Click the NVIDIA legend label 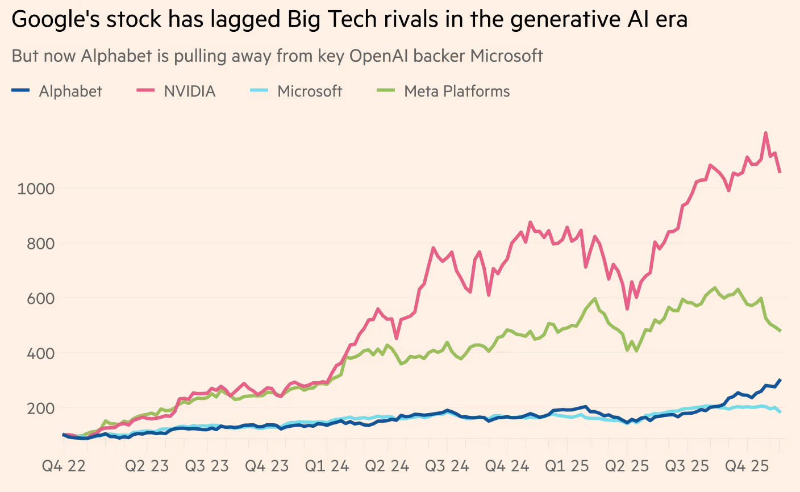190,91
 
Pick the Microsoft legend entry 310,91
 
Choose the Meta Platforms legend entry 457,91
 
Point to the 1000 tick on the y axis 36,189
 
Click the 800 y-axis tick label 41,244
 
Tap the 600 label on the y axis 41,298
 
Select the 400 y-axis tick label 41,353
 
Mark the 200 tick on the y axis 41,408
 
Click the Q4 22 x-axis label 64,466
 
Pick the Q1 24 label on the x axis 327,466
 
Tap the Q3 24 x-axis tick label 447,466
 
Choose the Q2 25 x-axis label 627,466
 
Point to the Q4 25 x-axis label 747,466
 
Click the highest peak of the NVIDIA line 766,134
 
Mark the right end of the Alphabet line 780,380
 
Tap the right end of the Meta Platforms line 780,331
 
